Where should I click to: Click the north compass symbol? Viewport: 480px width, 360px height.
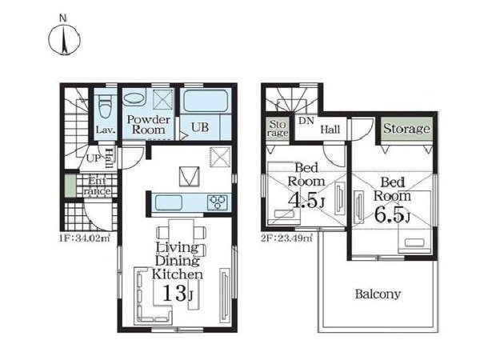point(64,40)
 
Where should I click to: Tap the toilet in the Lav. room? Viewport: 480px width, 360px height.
point(105,106)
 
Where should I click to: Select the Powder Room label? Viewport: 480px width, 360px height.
point(149,125)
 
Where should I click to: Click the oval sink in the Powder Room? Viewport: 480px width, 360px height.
point(134,99)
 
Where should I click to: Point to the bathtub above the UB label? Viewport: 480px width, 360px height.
point(206,101)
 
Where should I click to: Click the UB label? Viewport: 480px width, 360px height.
point(200,127)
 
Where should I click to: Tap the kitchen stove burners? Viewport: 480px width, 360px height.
point(218,202)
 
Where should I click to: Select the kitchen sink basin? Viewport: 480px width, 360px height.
point(169,202)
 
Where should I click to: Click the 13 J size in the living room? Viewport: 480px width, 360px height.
point(178,293)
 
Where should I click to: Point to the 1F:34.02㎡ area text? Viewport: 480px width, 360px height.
point(85,238)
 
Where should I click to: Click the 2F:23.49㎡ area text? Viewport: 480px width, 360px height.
point(287,238)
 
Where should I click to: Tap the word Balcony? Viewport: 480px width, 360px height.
point(378,294)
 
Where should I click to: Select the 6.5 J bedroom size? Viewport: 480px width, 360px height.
point(393,215)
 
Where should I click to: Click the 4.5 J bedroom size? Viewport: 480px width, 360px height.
point(306,201)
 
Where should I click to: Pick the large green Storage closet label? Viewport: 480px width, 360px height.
point(406,129)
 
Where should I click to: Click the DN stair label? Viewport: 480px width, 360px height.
point(306,121)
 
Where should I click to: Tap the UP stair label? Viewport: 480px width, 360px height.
point(94,158)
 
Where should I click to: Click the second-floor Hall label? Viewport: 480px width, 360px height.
point(330,130)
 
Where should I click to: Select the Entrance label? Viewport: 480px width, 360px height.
point(97,186)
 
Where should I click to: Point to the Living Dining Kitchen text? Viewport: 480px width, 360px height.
point(178,261)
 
